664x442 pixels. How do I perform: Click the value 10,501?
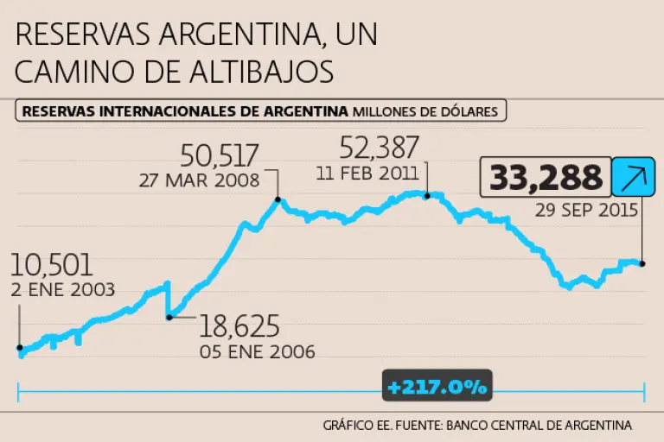point(53,265)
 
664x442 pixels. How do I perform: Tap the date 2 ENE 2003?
point(64,289)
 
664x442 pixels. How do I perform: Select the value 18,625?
point(239,326)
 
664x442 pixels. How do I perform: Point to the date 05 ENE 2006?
point(258,351)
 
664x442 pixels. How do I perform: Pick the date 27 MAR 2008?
point(199,180)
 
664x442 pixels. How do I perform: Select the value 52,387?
point(380,147)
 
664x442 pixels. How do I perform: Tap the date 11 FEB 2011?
point(367,171)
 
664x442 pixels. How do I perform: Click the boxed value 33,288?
point(546,177)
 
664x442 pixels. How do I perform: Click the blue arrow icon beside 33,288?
point(634,177)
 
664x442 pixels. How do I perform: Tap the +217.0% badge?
point(437,387)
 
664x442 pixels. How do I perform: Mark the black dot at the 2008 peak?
point(278,200)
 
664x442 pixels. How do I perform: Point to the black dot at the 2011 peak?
point(426,195)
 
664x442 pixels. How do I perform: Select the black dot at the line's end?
point(642,263)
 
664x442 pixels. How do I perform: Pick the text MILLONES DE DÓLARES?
point(426,110)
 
